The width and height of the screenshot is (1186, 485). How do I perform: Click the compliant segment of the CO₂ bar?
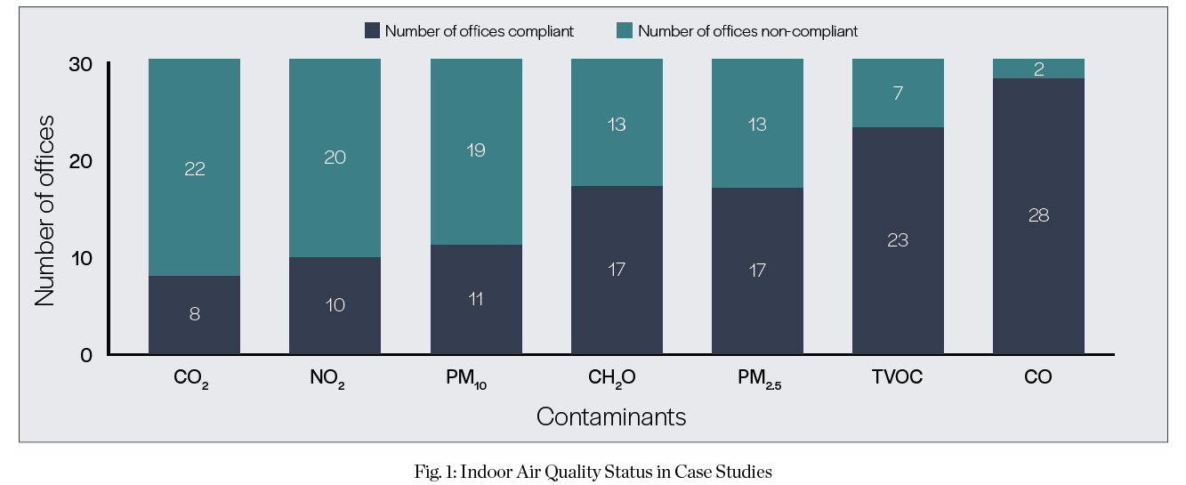click(194, 315)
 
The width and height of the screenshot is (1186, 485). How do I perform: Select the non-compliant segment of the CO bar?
click(1038, 69)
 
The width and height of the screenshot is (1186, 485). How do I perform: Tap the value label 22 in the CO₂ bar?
click(194, 169)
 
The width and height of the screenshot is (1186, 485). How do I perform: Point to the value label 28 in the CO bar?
click(1038, 215)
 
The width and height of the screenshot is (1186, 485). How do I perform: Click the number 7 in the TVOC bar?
click(898, 93)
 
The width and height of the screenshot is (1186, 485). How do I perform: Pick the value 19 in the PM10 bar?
click(476, 150)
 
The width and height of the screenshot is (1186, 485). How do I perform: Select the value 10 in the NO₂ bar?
click(335, 305)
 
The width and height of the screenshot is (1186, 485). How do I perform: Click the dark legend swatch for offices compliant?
click(373, 31)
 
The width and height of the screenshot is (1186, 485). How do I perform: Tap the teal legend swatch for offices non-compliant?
click(625, 31)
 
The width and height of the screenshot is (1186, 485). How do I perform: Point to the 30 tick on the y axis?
click(80, 65)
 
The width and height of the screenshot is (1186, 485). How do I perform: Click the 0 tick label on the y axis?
click(86, 355)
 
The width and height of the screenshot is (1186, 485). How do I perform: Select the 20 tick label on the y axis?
click(80, 162)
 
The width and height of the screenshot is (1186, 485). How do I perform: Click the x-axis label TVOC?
click(898, 377)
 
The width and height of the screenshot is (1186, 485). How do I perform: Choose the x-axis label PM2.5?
click(757, 378)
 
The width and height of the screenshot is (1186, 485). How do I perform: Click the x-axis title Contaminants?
click(611, 416)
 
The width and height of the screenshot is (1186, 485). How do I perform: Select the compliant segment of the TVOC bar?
click(898, 240)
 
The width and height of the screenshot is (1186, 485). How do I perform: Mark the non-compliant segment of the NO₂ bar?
click(335, 158)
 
